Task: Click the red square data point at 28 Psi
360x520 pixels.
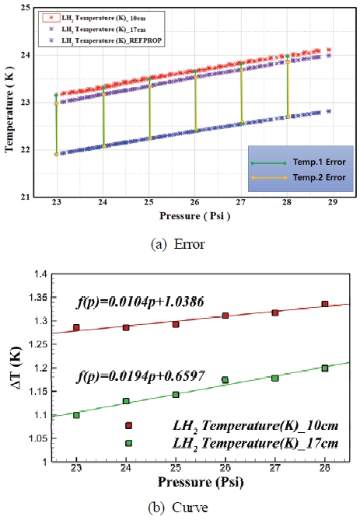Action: tap(325, 304)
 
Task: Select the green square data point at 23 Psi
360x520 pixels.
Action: tap(76, 415)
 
